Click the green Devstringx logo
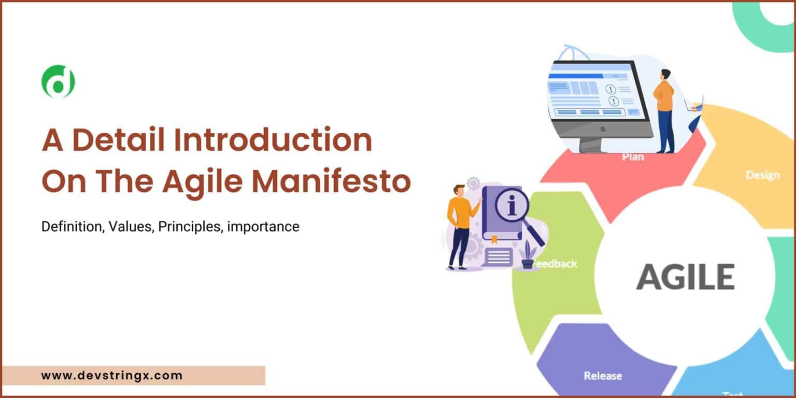[x=58, y=81]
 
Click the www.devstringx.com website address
[x=112, y=375]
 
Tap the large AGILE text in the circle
[x=685, y=277]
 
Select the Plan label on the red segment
[x=633, y=157]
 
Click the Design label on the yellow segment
[x=762, y=175]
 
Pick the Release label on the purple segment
[x=603, y=375]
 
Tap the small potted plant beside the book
[x=528, y=255]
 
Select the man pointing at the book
[x=459, y=226]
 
